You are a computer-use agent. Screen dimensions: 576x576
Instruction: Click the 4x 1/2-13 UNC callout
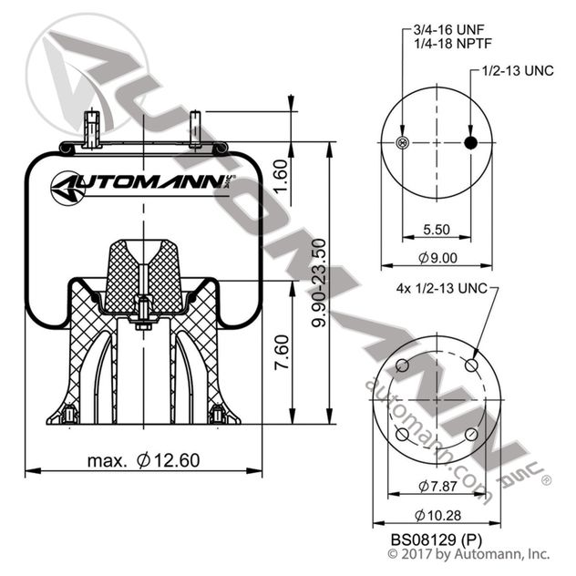click(x=436, y=289)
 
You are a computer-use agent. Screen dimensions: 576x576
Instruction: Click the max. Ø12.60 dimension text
click(x=143, y=460)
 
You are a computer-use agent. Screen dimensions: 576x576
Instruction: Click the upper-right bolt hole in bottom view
click(x=470, y=365)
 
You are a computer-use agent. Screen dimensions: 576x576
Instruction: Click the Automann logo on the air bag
click(x=143, y=186)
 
